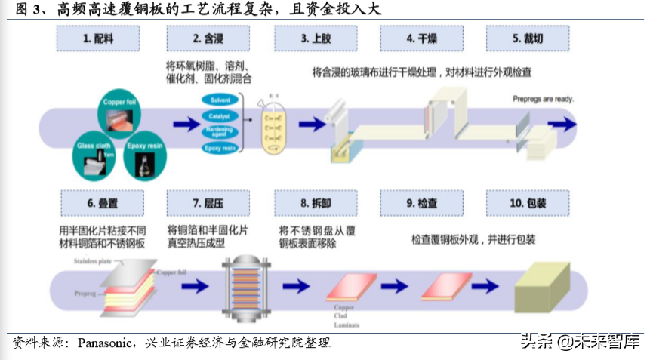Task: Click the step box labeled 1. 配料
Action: coord(98,38)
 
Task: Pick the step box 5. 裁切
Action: coord(527,38)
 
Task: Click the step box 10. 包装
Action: coord(527,203)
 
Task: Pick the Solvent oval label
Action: coord(220,100)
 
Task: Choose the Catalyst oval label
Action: coord(220,116)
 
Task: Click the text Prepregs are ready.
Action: coord(544,99)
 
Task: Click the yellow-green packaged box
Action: coord(544,286)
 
